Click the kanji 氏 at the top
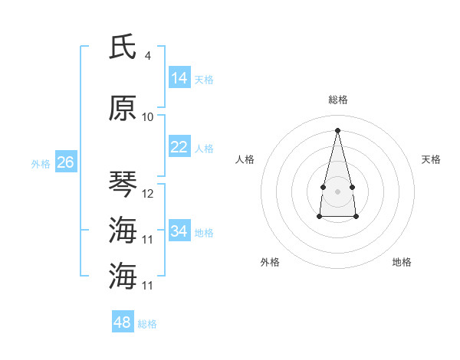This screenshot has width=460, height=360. [123, 47]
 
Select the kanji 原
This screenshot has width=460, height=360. [123, 108]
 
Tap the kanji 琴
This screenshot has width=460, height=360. [123, 184]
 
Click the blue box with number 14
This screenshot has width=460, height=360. [179, 77]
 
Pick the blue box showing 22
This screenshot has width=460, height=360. [179, 147]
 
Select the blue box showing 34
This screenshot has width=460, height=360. [179, 231]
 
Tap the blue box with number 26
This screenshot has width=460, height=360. [65, 162]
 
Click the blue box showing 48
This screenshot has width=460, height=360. [122, 322]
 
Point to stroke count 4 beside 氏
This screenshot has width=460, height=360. [147, 55]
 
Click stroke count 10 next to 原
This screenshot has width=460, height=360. [147, 116]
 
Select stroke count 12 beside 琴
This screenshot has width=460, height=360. [148, 194]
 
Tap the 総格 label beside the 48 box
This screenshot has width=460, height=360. [148, 324]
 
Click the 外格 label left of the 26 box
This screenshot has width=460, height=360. [41, 164]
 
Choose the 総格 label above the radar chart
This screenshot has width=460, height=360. [337, 100]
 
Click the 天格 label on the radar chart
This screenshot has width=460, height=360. [431, 159]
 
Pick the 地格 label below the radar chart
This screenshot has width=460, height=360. [402, 262]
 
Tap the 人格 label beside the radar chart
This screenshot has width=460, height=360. [245, 159]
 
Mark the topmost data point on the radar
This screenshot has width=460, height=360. [337, 129]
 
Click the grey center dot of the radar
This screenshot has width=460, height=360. [337, 190]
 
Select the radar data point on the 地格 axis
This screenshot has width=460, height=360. [356, 217]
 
